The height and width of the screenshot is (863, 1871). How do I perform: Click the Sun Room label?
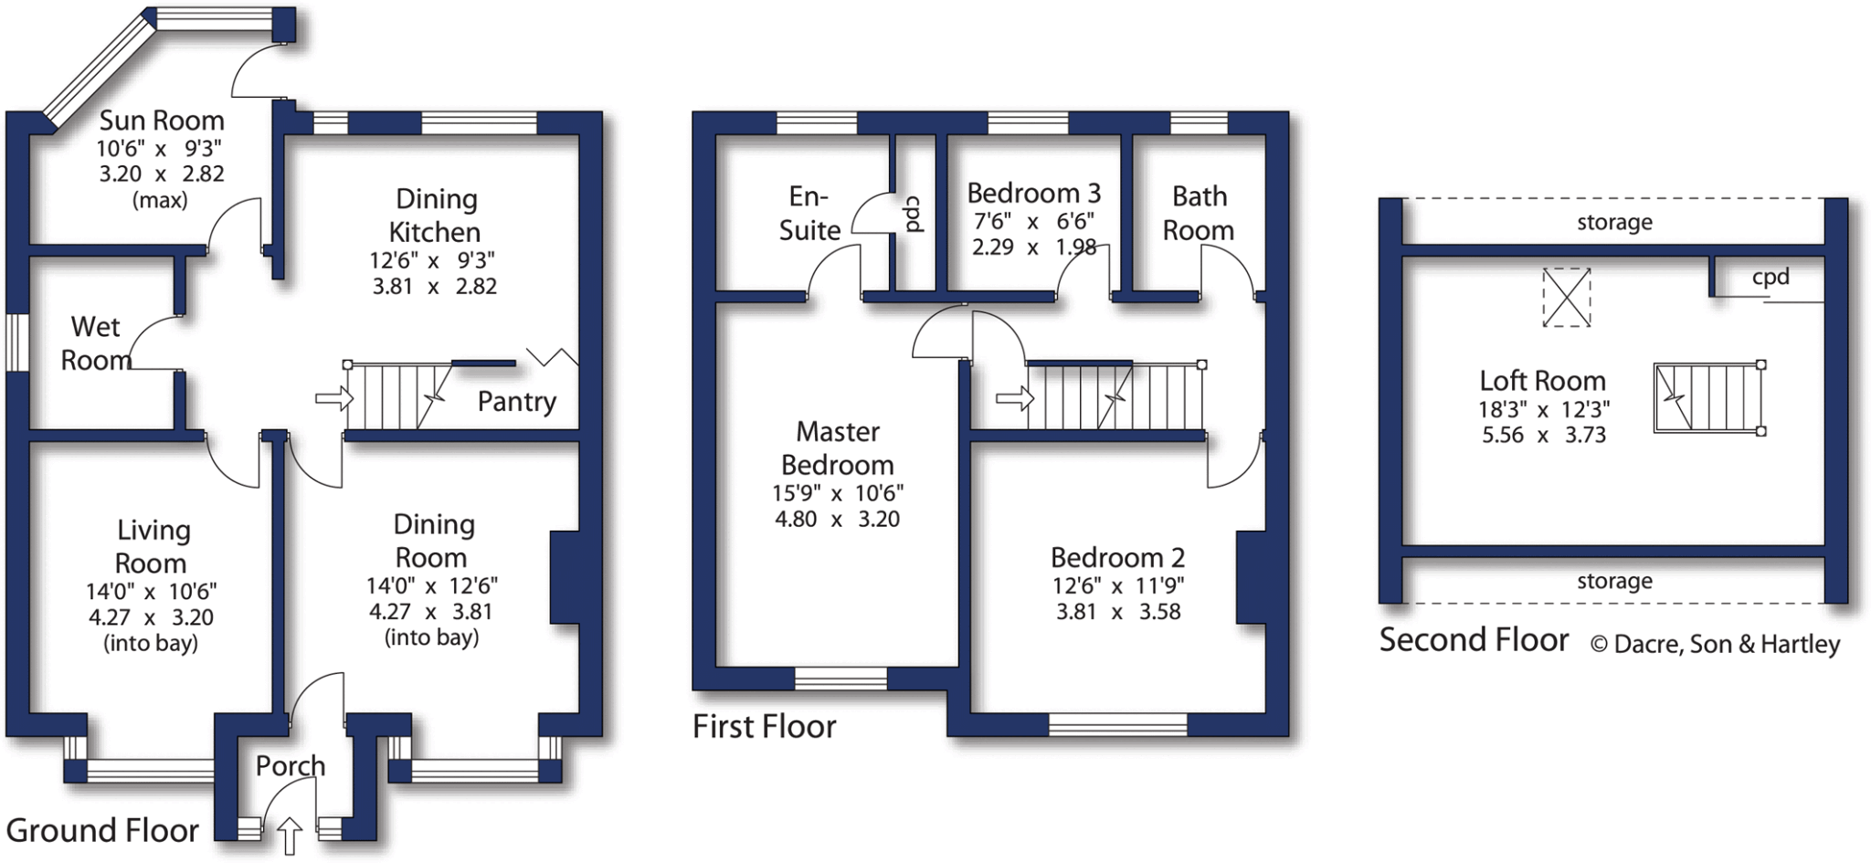click(162, 121)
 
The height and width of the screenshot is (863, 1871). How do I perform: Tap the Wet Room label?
click(95, 343)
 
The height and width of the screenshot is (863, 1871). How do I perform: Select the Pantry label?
click(516, 401)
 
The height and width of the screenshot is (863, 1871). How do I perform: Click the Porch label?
click(290, 765)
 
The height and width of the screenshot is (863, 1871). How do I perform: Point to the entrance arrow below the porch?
click(289, 836)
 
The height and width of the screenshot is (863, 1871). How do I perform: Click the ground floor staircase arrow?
click(333, 398)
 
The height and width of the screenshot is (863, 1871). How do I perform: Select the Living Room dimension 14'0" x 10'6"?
click(151, 592)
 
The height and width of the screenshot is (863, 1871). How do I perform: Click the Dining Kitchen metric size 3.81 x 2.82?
click(434, 287)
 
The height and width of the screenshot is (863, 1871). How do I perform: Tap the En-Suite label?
click(809, 214)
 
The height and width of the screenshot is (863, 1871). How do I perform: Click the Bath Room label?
click(1199, 213)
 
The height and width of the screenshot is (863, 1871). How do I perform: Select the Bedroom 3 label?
click(1033, 194)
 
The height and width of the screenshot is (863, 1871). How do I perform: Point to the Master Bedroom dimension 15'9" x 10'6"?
click(837, 493)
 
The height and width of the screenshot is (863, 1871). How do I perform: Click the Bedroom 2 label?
click(1117, 557)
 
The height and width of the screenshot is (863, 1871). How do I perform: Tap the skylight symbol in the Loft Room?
click(1566, 297)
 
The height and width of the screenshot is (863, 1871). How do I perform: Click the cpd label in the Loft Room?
click(1770, 278)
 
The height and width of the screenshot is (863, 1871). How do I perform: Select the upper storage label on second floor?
click(1614, 222)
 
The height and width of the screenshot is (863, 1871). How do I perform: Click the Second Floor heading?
click(1474, 640)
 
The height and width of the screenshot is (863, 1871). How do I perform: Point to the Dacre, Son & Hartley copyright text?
click(1715, 644)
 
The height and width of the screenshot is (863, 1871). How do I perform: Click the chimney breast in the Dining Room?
click(565, 577)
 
